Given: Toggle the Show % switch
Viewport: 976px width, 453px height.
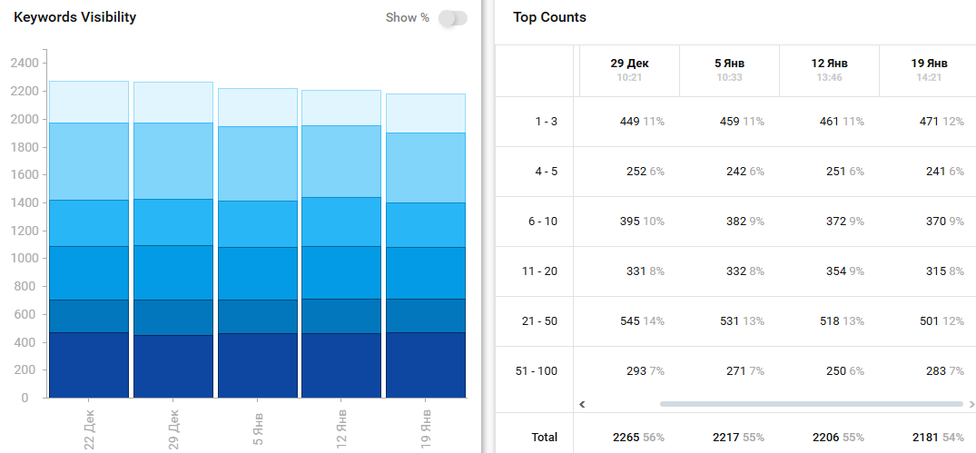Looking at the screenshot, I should click(452, 18).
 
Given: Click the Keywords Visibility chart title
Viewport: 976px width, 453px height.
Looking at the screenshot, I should click(74, 17).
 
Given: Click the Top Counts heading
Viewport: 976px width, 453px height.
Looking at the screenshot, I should click(549, 17).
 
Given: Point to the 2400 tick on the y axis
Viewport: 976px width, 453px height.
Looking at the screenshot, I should click(25, 64).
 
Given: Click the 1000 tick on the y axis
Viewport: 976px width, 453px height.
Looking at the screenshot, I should click(25, 259).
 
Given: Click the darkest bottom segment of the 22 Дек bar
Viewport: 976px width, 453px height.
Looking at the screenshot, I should click(88, 365).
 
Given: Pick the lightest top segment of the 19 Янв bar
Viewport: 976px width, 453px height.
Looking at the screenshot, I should click(426, 113).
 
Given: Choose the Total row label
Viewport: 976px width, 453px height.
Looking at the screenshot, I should click(545, 438).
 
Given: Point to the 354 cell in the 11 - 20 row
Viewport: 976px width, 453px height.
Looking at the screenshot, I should click(827, 271).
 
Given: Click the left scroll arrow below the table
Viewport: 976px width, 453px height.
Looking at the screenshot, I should click(583, 404).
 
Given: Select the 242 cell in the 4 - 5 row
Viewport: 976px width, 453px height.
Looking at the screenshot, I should click(727, 172).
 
